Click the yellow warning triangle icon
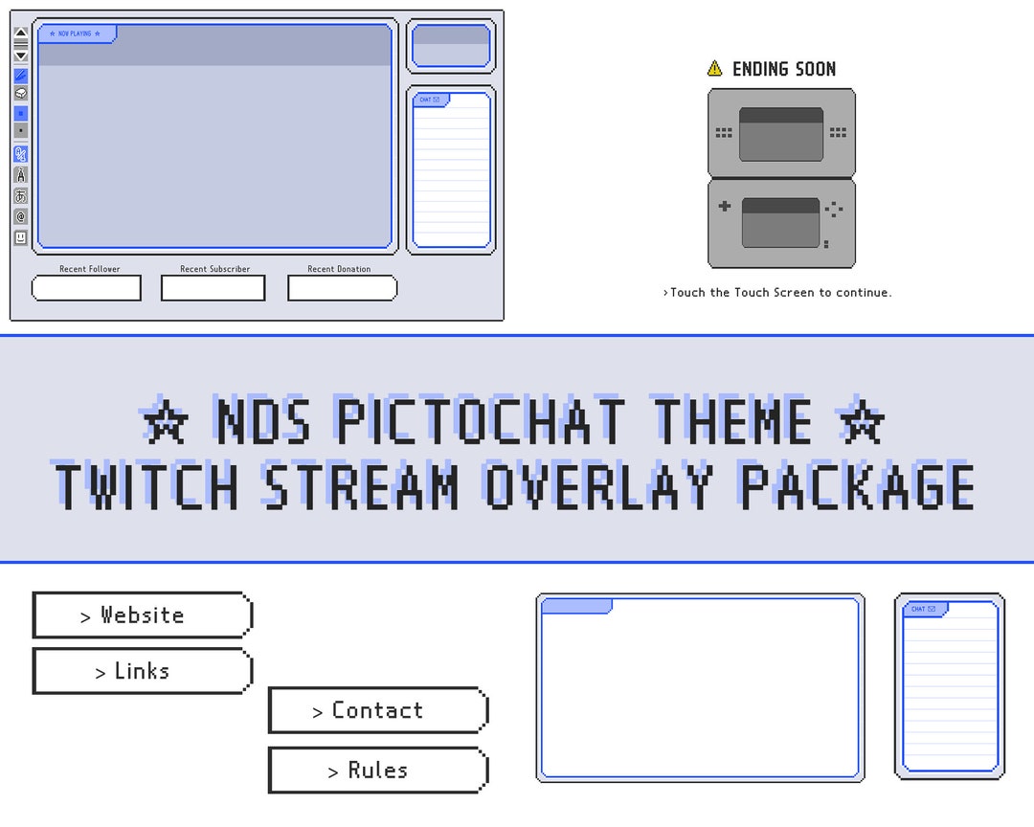714,68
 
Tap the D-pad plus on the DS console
724,206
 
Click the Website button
142,615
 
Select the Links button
142,671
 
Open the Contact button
377,710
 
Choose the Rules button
377,771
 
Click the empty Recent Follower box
86,288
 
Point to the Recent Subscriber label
214,269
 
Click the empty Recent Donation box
342,288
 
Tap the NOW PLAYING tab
76,34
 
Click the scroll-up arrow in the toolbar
21,33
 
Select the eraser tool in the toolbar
21,94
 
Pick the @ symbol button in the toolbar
21,217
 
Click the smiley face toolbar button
21,237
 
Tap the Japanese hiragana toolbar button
21,196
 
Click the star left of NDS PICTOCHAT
166,422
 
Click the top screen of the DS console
781,134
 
